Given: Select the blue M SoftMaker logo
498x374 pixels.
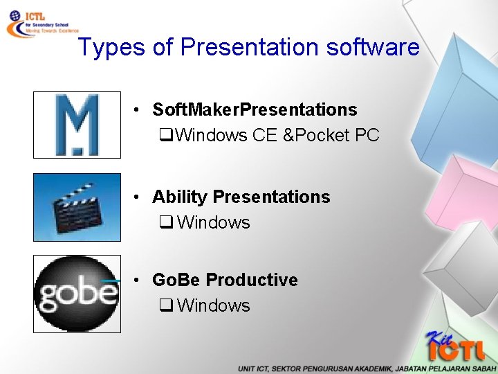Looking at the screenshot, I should [x=77, y=125].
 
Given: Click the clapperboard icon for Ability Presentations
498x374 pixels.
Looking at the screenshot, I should [x=77, y=207].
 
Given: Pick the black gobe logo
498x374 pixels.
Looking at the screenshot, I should [x=77, y=294].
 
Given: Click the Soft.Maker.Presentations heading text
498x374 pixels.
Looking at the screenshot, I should [x=255, y=109].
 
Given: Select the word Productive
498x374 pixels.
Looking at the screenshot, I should [x=252, y=280].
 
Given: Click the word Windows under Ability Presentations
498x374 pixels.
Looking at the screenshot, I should [x=213, y=222].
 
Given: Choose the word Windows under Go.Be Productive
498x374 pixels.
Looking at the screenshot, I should [x=213, y=305].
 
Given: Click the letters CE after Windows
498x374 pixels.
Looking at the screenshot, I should [x=265, y=135].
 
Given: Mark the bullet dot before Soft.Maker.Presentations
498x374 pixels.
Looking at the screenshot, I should [x=139, y=110].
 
